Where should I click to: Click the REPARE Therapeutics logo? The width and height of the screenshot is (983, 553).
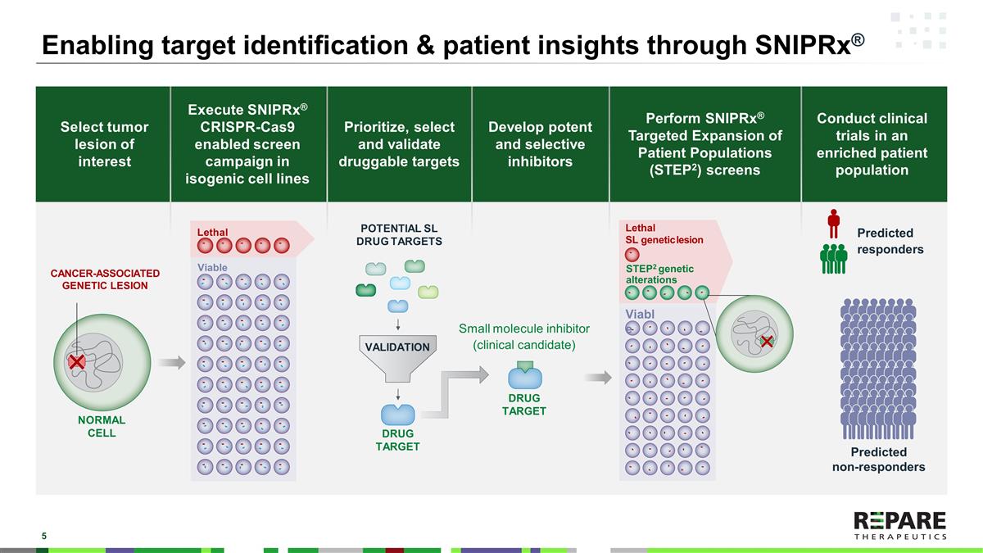pyautogui.click(x=899, y=525)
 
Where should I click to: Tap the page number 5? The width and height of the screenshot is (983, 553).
pyautogui.click(x=44, y=536)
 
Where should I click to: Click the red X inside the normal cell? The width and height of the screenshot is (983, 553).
pyautogui.click(x=76, y=361)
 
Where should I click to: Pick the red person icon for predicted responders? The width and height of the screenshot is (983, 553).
pyautogui.click(x=834, y=221)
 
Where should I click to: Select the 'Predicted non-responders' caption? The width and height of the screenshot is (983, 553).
pyautogui.click(x=878, y=460)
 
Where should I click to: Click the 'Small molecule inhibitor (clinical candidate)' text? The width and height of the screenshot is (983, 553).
pyautogui.click(x=524, y=337)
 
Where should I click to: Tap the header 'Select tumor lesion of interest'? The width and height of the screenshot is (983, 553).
pyautogui.click(x=104, y=144)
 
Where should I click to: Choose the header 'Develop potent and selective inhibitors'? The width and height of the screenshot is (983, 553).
pyautogui.click(x=540, y=144)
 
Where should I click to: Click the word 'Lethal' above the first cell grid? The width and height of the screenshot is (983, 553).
pyautogui.click(x=212, y=233)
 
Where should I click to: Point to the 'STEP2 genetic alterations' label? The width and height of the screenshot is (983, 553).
pyautogui.click(x=659, y=274)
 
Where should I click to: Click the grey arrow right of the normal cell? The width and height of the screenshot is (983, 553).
pyautogui.click(x=172, y=363)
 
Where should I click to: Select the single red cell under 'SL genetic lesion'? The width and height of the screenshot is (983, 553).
pyautogui.click(x=632, y=253)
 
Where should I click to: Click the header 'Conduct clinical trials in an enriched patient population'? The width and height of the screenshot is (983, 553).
pyautogui.click(x=872, y=144)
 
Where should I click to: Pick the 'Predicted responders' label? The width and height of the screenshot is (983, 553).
pyautogui.click(x=890, y=241)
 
